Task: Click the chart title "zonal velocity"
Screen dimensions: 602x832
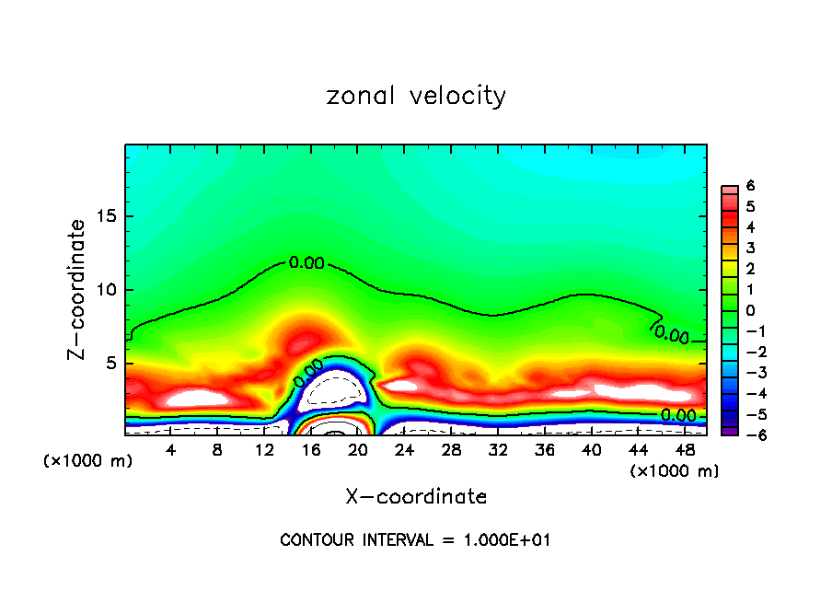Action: (x=416, y=96)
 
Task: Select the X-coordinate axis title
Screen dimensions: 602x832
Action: (x=416, y=497)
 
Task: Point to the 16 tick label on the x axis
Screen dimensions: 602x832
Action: (x=311, y=450)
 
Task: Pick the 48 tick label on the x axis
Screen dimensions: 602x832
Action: (x=685, y=450)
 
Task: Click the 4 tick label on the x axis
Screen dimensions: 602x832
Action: (x=170, y=450)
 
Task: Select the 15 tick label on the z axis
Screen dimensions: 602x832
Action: (x=105, y=216)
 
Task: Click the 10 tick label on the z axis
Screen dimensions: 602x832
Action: (x=105, y=290)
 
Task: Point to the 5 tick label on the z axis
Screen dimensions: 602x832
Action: (x=110, y=363)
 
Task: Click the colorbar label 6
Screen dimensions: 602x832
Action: (x=750, y=186)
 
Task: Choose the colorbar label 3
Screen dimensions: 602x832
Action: (x=750, y=248)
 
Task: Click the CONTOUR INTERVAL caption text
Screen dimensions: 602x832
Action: (x=415, y=540)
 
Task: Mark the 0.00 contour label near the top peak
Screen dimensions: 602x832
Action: (x=306, y=263)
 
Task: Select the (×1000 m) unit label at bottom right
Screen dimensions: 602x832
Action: (x=674, y=471)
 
